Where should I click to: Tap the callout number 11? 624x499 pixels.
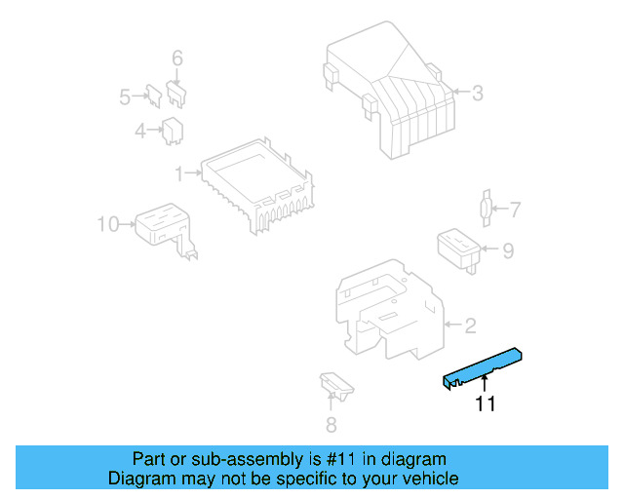(x=485, y=404)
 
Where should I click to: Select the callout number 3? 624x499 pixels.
(x=477, y=94)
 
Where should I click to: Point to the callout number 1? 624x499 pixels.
(x=179, y=173)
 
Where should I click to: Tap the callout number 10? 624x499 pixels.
(x=107, y=225)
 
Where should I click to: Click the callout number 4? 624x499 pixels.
(x=140, y=130)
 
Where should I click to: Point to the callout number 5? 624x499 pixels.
(x=125, y=96)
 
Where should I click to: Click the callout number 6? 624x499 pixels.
(x=177, y=59)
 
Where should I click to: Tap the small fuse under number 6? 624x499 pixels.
(x=177, y=93)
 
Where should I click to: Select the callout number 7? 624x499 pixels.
(x=515, y=209)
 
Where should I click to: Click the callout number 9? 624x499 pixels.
(x=507, y=250)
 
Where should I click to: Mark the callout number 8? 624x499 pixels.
(x=331, y=424)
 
